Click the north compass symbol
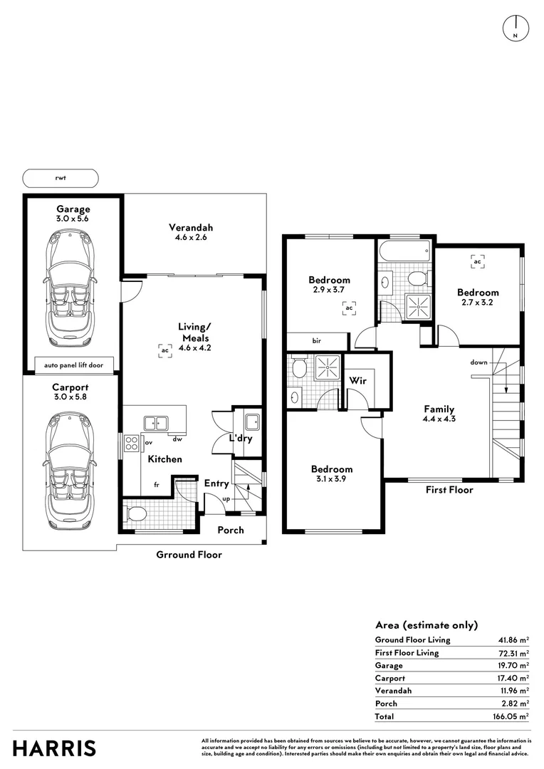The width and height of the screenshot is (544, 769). click(x=515, y=26)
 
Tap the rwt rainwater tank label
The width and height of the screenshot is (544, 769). click(x=60, y=178)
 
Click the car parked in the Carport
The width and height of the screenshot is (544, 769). click(x=70, y=473)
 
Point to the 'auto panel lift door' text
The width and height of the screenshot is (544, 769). click(x=70, y=365)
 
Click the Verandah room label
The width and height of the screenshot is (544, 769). click(x=191, y=228)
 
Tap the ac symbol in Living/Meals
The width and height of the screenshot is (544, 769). click(x=164, y=350)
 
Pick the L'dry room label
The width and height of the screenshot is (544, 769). click(x=241, y=439)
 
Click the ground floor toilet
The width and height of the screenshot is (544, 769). click(x=135, y=514)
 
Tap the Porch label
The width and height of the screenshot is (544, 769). click(x=230, y=530)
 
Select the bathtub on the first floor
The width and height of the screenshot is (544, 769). click(x=404, y=251)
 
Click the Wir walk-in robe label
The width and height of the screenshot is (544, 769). click(x=357, y=380)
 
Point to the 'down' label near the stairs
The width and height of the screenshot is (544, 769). click(x=478, y=362)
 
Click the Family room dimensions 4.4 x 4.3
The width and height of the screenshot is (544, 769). click(x=439, y=419)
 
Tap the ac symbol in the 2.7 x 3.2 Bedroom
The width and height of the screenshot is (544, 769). click(x=477, y=262)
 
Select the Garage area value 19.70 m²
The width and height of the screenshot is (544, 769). click(x=513, y=666)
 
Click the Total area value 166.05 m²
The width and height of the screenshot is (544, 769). click(x=511, y=716)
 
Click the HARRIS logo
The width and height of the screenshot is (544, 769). click(x=55, y=748)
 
